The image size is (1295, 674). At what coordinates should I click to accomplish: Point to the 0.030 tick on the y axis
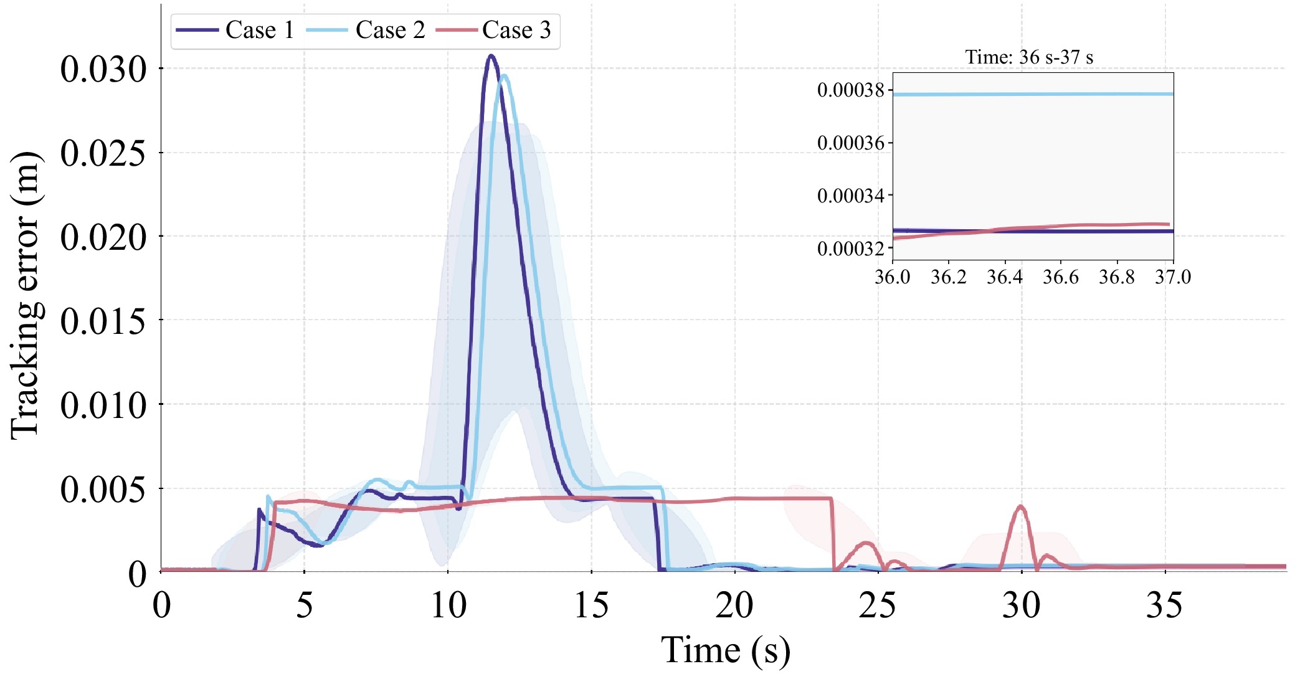(103, 69)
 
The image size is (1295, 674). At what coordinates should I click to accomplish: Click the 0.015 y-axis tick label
(103, 321)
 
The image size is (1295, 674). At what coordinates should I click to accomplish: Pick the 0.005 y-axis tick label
(103, 490)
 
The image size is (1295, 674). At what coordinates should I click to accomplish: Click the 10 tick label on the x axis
(448, 605)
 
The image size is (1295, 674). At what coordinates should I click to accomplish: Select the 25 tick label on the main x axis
(878, 605)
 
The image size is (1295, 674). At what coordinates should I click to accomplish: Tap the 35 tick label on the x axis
(1164, 605)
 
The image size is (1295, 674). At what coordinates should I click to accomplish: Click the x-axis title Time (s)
(725, 650)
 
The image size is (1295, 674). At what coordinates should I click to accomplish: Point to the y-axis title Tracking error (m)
(26, 295)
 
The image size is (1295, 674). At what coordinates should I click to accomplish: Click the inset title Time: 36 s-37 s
(1029, 57)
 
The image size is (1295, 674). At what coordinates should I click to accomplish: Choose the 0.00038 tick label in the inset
(850, 90)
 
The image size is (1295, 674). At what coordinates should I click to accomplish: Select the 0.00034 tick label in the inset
(850, 196)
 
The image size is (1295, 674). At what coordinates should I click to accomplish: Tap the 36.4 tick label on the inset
(1005, 277)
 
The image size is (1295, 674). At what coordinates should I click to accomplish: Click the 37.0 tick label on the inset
(1173, 277)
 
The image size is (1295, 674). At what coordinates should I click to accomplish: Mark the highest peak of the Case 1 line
(491, 56)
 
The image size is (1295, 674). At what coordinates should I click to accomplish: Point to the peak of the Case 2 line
(504, 76)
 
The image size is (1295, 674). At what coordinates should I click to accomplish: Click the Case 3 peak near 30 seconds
(1021, 506)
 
